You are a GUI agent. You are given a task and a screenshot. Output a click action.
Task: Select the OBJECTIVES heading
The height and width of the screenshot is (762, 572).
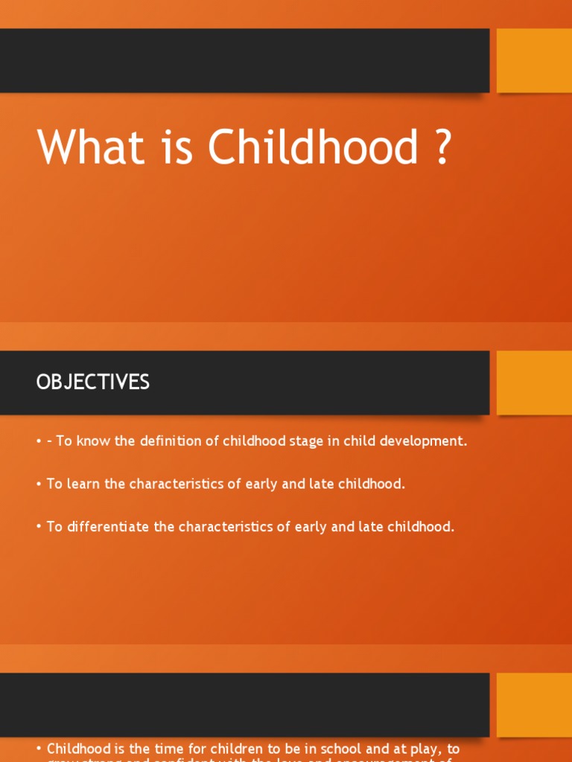pos(92,382)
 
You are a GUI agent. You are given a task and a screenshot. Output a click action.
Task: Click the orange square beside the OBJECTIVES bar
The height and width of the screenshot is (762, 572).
pos(534,382)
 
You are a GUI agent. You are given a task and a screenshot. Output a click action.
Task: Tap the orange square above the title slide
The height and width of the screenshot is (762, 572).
pos(534,60)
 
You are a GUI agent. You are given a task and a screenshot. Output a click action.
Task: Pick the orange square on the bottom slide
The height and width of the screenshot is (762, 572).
pos(534,705)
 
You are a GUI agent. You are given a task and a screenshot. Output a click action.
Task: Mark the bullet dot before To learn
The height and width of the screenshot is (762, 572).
pos(39,484)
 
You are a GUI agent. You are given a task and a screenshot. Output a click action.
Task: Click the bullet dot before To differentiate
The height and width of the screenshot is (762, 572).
pos(39,528)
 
